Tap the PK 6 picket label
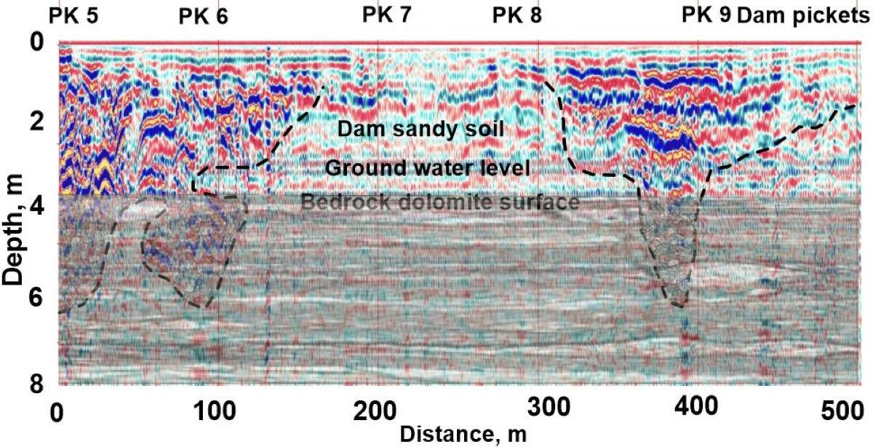203,17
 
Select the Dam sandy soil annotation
412,130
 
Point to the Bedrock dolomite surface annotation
439,202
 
